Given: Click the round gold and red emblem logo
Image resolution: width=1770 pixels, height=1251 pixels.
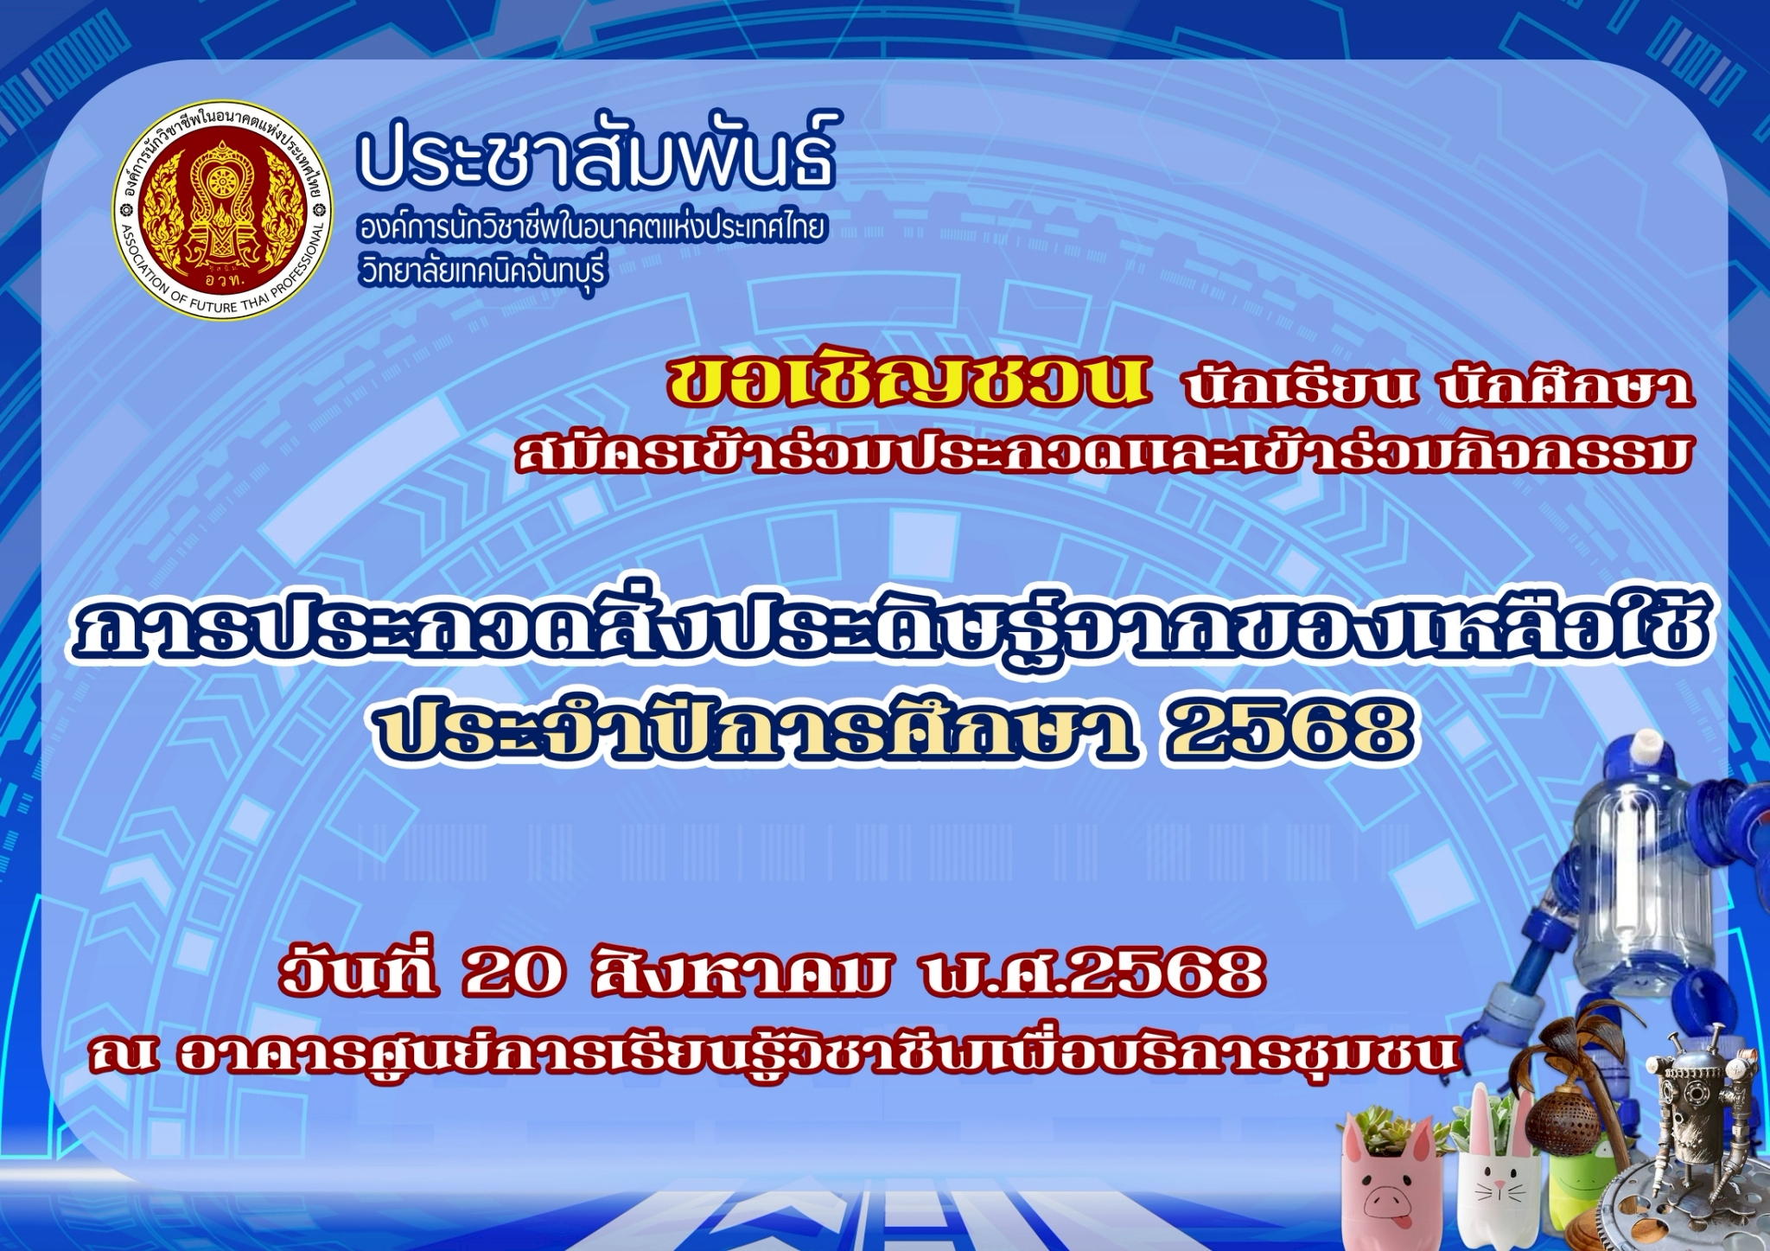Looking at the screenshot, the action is point(223,210).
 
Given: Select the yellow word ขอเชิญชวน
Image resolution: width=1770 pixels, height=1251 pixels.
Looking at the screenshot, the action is point(907,381).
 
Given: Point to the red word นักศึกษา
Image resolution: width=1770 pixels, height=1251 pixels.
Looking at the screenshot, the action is point(1566,386).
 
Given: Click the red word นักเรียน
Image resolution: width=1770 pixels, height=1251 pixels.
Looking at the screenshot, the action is point(1302,387).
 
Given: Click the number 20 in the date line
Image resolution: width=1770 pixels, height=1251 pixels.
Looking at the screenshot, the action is point(514,973).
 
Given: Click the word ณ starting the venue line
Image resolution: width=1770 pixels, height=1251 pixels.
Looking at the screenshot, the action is point(124,1055).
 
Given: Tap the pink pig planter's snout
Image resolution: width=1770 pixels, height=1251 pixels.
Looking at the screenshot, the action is point(1390,1201).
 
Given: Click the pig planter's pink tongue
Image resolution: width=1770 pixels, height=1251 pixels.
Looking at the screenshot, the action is point(1404,1221).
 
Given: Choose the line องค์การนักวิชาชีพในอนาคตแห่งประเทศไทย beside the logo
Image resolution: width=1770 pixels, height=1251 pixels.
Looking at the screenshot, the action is point(592,228).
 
